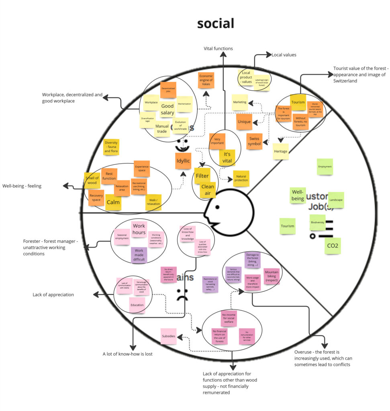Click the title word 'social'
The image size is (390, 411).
[215, 23]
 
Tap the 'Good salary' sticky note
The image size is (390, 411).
[167, 109]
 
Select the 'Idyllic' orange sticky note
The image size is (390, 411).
[183, 161]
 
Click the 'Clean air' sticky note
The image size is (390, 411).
[208, 190]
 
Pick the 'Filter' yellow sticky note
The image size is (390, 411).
[202, 175]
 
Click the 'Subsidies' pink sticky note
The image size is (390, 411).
[168, 336]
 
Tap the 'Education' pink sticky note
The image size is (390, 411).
[137, 305]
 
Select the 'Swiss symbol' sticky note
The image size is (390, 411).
[254, 141]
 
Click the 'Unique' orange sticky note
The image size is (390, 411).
[244, 122]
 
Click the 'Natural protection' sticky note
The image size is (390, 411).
[241, 178]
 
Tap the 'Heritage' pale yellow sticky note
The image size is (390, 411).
[281, 151]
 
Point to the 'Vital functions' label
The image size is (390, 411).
[218, 49]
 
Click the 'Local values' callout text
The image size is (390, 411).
[284, 55]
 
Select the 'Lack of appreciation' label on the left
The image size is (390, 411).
[53, 295]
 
